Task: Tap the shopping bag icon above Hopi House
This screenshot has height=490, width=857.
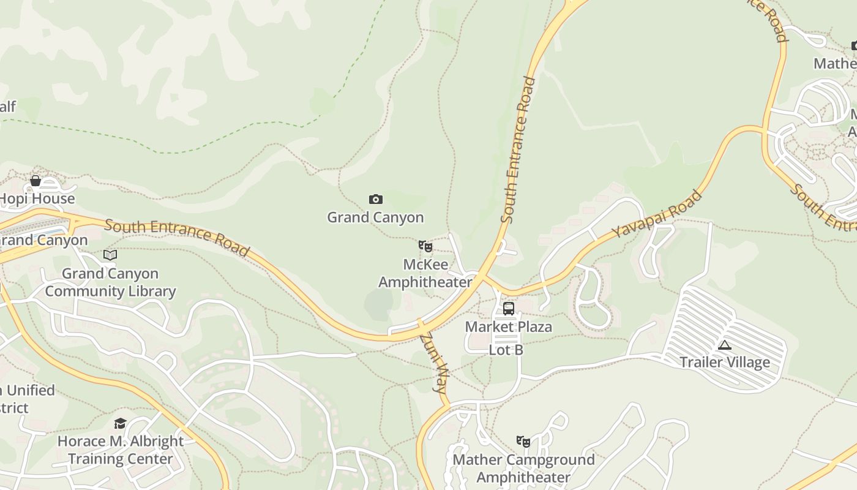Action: point(36,181)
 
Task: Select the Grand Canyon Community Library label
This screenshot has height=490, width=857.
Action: point(110,282)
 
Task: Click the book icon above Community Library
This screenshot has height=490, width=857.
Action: point(110,255)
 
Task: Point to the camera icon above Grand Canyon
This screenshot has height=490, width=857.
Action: point(376,199)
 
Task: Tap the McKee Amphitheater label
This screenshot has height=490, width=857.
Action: point(425,273)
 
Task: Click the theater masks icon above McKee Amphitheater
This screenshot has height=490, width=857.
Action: point(425,246)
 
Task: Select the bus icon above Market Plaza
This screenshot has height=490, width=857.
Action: point(509,308)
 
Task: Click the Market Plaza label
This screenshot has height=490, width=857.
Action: point(509,326)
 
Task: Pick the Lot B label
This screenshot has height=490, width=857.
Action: point(506,350)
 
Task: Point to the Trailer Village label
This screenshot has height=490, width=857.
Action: point(725,362)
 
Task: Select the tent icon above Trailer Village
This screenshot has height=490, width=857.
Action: point(725,345)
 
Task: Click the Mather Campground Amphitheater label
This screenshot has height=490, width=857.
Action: point(523,468)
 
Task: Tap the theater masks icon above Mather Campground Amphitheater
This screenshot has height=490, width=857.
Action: point(523,441)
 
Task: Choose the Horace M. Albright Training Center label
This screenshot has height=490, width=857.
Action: point(121,450)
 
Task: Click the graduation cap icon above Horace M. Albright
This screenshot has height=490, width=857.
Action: point(121,423)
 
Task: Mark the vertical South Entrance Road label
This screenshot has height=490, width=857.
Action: point(518,149)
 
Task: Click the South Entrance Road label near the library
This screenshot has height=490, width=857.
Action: point(177,238)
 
